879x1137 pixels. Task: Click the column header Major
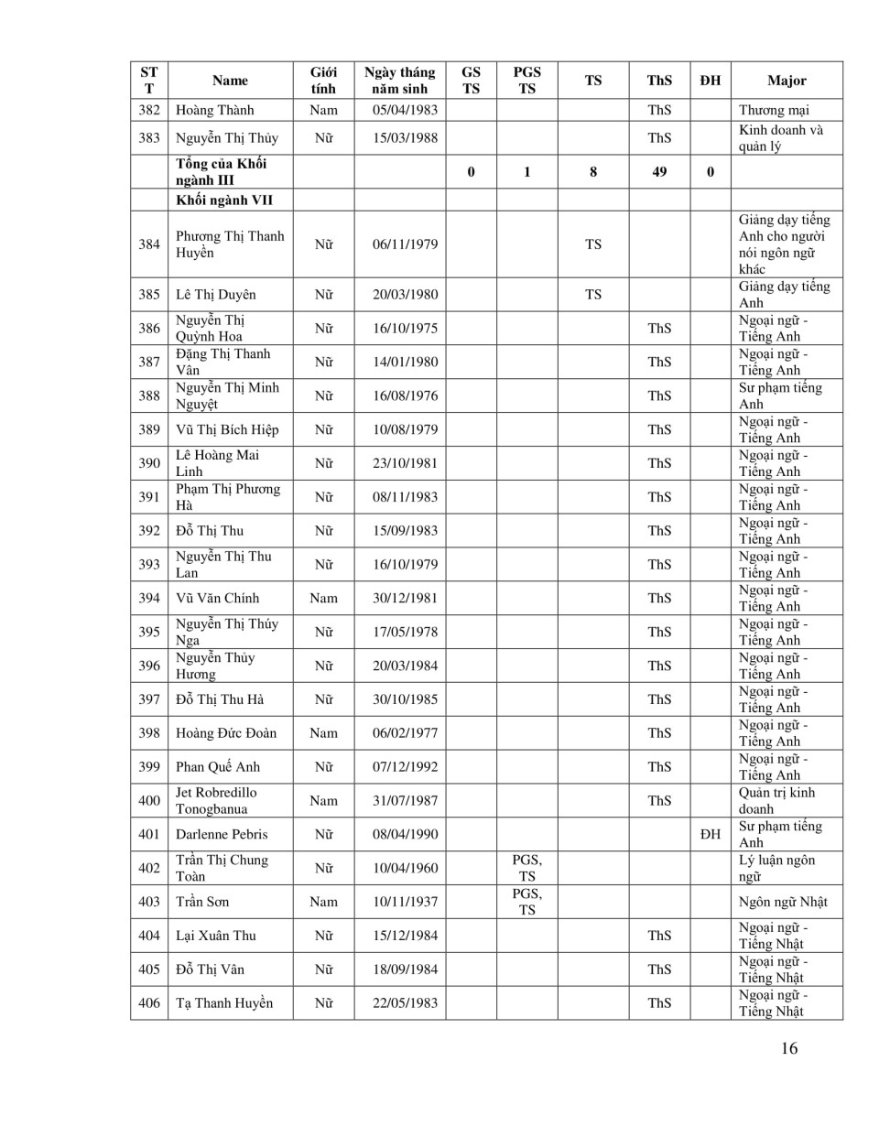pos(787,81)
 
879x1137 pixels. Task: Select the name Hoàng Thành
pos(215,110)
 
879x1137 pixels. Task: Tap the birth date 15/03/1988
pos(405,138)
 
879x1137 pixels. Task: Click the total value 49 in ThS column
pos(659,171)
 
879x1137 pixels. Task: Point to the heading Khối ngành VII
pos(224,200)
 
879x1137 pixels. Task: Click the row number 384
pos(149,244)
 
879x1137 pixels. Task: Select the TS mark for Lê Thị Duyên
pos(593,295)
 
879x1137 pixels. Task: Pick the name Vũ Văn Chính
pos(218,599)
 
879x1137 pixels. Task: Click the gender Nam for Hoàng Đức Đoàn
pos(323,733)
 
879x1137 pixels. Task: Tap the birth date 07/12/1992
pos(405,767)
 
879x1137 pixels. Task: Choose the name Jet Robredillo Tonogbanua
pos(216,801)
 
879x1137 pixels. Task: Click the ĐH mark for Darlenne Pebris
pos(710,834)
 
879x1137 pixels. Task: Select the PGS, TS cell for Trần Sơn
pos(526,902)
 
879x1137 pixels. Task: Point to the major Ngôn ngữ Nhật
pos(783,902)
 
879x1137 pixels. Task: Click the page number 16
pos(789,1049)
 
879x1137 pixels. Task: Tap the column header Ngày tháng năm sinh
pos(399,81)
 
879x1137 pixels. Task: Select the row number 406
pos(149,1003)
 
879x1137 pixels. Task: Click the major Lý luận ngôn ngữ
pos(776,868)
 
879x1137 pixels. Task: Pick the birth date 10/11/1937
pos(405,902)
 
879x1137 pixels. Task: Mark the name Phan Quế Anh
pos(218,767)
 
